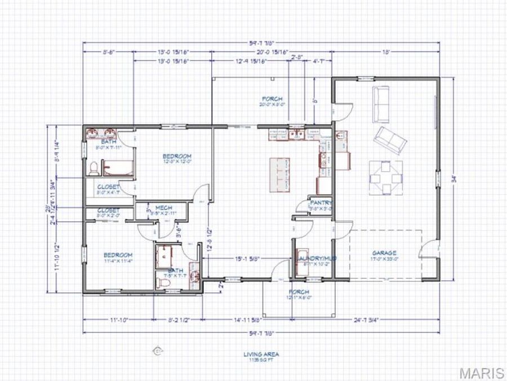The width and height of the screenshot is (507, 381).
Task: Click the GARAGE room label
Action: [x=384, y=253]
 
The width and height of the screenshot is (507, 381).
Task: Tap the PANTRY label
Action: [x=321, y=203]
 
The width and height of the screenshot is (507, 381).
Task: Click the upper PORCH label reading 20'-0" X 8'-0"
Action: [x=272, y=99]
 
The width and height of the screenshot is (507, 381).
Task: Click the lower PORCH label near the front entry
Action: [x=299, y=292]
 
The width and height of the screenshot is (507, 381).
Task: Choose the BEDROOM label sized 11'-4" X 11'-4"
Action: [x=118, y=255]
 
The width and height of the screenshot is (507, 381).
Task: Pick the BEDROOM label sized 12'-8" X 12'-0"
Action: [x=177, y=156]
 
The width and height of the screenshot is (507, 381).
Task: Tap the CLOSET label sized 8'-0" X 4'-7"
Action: [x=108, y=186]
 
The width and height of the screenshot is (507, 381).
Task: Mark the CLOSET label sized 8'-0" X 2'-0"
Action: [x=108, y=211]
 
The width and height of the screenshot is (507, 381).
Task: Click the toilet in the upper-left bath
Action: [x=94, y=168]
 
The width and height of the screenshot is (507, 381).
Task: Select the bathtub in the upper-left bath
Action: [x=118, y=168]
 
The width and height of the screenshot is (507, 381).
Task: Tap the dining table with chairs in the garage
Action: [x=386, y=176]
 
